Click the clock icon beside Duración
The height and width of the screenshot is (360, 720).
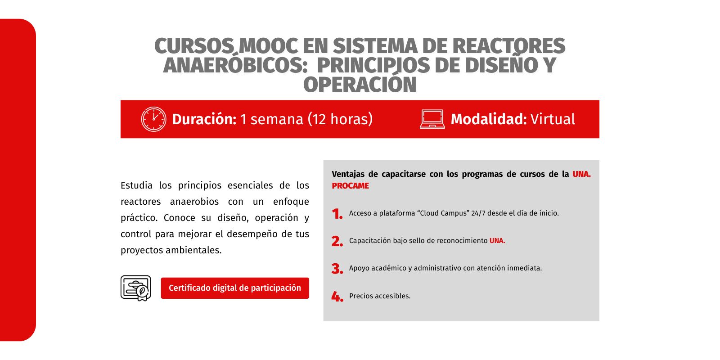153,119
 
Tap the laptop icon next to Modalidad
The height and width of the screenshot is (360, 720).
432,119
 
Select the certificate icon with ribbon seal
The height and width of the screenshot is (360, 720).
136,288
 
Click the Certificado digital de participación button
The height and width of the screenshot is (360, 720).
235,288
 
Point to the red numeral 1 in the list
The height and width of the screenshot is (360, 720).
337,214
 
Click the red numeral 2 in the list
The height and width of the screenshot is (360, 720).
337,241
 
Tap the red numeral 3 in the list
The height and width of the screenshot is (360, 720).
337,269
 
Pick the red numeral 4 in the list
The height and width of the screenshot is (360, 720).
337,297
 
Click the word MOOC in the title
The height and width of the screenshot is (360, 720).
268,45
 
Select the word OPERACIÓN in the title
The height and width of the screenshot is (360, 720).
360,84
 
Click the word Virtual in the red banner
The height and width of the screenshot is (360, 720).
553,119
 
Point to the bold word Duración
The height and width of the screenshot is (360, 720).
204,119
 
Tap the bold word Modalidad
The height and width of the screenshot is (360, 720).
489,119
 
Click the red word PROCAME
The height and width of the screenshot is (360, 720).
351,186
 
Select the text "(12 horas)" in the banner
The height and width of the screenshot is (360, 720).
340,119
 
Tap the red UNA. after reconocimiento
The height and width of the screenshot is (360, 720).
497,241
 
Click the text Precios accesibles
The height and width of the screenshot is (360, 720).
380,296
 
